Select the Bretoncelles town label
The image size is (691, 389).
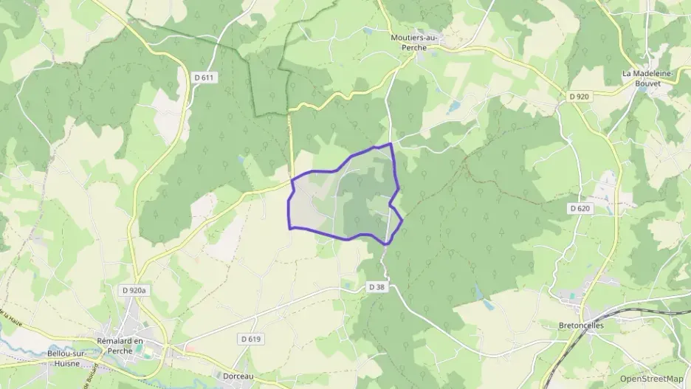coord(582,324)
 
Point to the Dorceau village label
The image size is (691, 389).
coord(238,375)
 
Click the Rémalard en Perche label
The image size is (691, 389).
coord(125,345)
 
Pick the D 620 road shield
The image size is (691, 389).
coord(580,209)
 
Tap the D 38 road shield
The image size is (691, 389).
coord(377,286)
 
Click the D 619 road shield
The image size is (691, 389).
coord(250,339)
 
